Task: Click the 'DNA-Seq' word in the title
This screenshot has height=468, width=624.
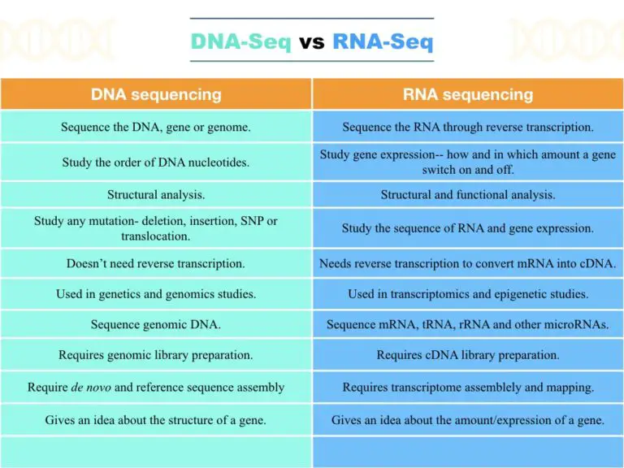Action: (x=240, y=41)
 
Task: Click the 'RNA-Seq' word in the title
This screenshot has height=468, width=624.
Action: (x=383, y=41)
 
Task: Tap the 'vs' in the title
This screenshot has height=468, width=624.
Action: (x=311, y=41)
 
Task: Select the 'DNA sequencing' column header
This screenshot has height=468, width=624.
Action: (x=156, y=94)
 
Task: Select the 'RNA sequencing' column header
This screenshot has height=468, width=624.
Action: (x=468, y=94)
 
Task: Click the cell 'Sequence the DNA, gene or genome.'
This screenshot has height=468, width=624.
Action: (x=156, y=127)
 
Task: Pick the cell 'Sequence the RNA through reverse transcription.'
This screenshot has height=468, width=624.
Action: (x=468, y=127)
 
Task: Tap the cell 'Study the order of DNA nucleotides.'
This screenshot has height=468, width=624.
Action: (x=156, y=162)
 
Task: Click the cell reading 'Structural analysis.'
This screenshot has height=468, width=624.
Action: (x=156, y=195)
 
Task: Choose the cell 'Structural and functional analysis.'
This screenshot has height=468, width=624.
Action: (x=468, y=195)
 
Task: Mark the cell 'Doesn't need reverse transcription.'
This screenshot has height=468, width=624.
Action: (x=156, y=263)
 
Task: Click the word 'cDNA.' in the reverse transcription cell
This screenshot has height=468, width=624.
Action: (x=597, y=263)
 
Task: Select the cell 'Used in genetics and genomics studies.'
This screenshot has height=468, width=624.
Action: (x=156, y=294)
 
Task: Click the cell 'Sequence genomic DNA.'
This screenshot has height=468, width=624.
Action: (x=156, y=325)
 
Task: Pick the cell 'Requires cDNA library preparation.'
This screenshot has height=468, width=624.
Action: (x=468, y=355)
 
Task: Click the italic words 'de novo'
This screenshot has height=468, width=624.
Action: (x=90, y=387)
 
